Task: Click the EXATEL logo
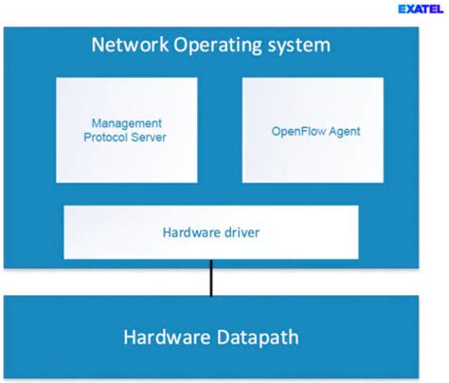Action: coord(420,11)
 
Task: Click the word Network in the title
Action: coord(128,46)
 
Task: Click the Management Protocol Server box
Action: coord(126,130)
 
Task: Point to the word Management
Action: coord(126,123)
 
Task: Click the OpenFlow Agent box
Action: coord(313,130)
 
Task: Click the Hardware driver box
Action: coord(210,231)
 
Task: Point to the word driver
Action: coord(240,231)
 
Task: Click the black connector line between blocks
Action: coord(210,281)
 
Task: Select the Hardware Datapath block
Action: coord(210,337)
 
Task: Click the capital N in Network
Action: coord(96,46)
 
